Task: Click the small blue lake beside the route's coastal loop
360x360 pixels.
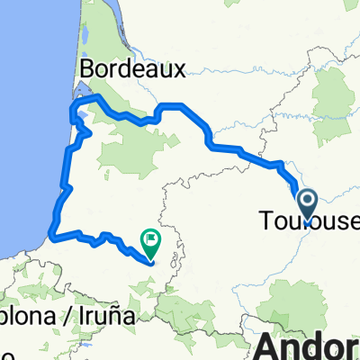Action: pyautogui.click(x=83, y=115)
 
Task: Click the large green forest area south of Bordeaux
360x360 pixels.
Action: pyautogui.click(x=135, y=153)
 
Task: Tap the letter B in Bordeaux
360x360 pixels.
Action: pyautogui.click(x=87, y=68)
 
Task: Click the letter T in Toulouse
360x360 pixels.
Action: pyautogui.click(x=265, y=220)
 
